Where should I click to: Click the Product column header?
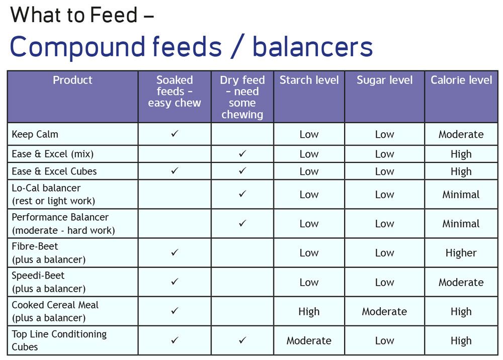pos(72,80)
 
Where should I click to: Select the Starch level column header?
pos(309,80)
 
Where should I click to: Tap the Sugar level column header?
pos(385,80)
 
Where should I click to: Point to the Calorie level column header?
pos(461,80)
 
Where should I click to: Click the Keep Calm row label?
pos(35,134)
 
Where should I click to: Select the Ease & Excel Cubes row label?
pos(54,171)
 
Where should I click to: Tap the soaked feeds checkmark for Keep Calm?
pos(175,133)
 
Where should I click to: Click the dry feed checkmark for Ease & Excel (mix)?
pos(242,153)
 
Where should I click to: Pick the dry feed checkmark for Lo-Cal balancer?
pos(242,194)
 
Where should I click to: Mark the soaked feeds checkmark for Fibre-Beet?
pos(175,252)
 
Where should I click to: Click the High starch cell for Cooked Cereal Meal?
pos(309,311)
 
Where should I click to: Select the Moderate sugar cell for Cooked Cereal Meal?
pos(384,311)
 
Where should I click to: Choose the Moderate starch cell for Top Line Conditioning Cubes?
pos(309,340)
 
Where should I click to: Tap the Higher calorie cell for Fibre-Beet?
pos(461,253)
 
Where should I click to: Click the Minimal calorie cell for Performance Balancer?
pos(461,223)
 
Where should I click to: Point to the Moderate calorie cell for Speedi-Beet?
pos(461,282)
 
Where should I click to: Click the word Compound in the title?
pos(77,47)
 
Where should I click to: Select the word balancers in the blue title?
pos(313,46)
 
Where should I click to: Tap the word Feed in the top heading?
pos(114,15)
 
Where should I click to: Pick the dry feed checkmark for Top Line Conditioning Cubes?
pos(242,340)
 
